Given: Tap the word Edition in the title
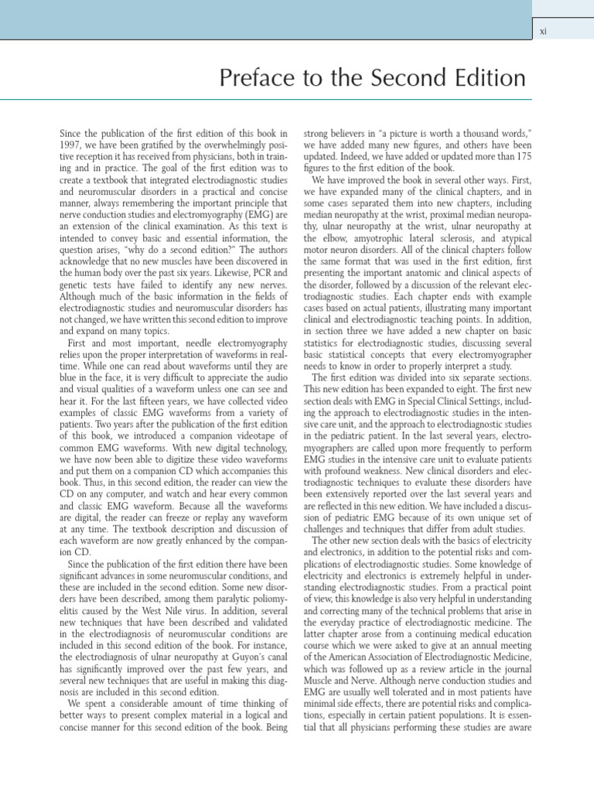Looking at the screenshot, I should point(486,78).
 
